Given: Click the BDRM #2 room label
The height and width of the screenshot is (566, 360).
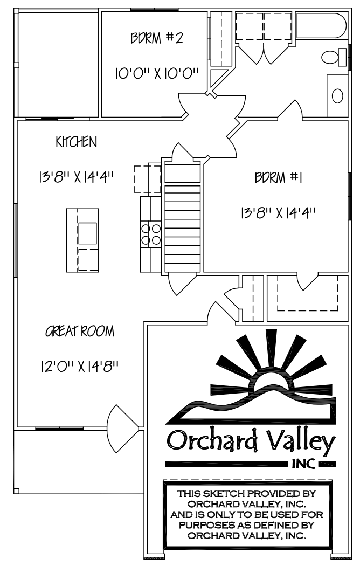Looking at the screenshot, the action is [x=156, y=38].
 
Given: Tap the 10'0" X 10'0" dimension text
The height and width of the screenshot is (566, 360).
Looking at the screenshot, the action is [x=157, y=74].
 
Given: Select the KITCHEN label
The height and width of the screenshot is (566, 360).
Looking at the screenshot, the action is [x=77, y=142].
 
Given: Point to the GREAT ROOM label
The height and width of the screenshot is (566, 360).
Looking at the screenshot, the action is [x=80, y=332].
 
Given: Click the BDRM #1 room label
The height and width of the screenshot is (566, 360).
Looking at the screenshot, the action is [x=279, y=177].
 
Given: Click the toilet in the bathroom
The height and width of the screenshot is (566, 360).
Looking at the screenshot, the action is [x=334, y=57].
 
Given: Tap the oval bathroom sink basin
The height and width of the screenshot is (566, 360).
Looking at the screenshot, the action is [x=337, y=96].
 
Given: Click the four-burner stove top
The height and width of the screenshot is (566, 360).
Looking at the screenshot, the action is [x=151, y=234].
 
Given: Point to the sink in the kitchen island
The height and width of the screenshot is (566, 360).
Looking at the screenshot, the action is [x=88, y=233].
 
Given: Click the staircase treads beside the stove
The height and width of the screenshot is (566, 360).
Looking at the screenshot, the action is [x=183, y=229].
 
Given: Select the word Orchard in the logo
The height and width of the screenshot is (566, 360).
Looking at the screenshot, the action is [x=212, y=440].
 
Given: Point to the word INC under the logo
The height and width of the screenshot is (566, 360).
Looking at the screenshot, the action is [x=303, y=464].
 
